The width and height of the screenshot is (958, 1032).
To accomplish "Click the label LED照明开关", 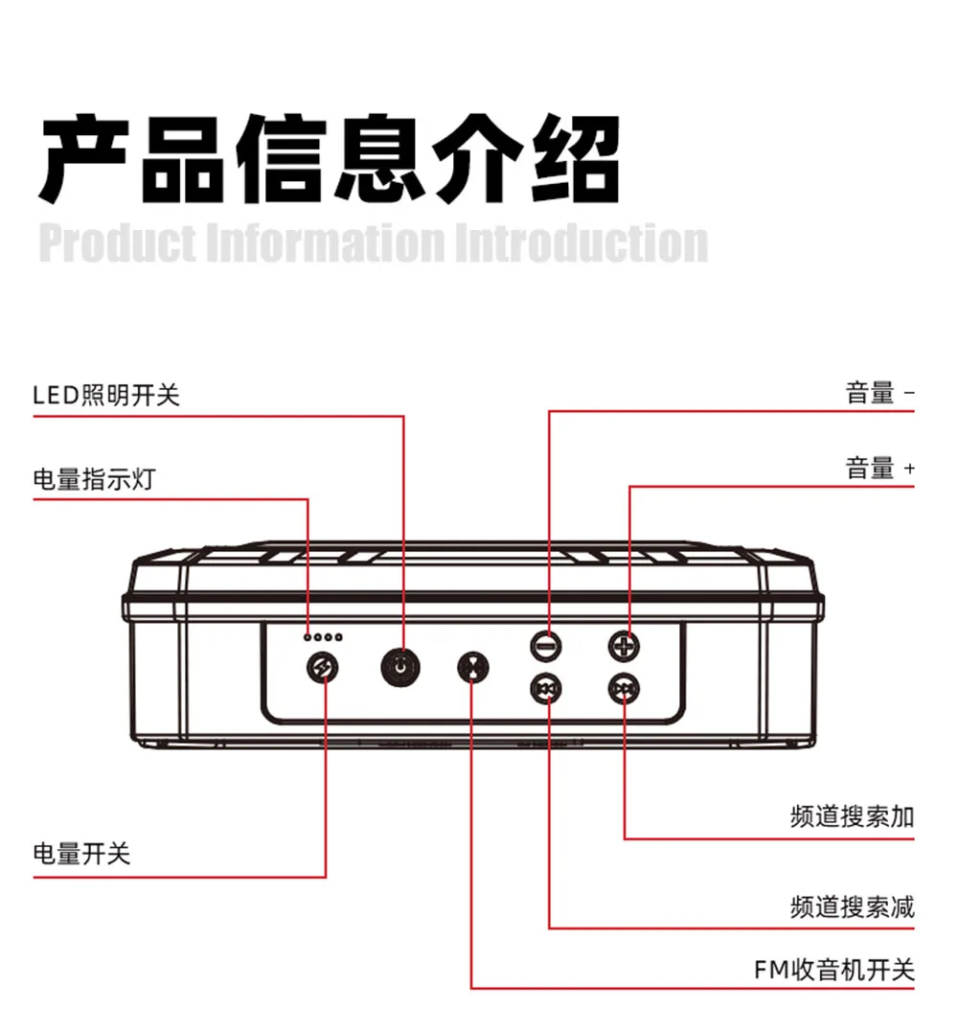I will pos(106,395).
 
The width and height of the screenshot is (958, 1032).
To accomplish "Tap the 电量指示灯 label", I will pos(93,478).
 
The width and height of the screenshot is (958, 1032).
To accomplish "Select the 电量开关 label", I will pos(81,853).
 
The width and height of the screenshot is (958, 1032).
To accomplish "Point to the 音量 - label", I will pos(880,393).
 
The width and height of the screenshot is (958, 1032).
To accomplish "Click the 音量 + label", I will pos(880,469).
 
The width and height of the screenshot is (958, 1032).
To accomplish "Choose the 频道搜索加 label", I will pos(852,817).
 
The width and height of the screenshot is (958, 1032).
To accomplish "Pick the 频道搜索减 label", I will pos(852,906).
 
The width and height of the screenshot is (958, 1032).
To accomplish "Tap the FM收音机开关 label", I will pos(834,970).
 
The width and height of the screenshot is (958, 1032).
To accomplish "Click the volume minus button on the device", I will pos(546,646).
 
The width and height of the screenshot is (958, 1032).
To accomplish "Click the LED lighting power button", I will pos(400,667).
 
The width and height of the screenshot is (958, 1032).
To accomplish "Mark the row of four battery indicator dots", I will pos(322,637).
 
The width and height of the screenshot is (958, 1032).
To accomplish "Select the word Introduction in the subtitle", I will pos(581,243).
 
